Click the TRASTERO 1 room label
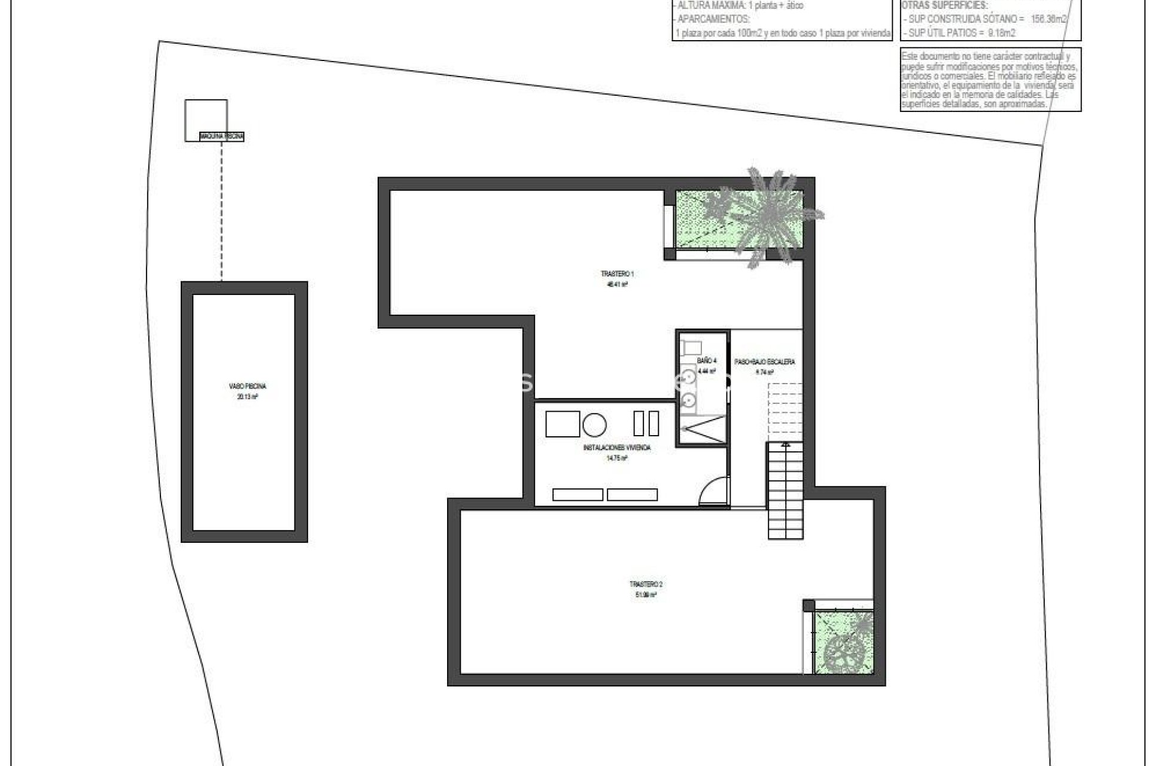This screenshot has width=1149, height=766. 616,274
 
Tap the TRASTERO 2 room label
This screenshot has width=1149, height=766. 646,584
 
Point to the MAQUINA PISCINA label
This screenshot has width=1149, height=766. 222,137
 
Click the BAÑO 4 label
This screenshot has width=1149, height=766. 706,361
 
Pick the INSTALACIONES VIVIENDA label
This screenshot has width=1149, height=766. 616,448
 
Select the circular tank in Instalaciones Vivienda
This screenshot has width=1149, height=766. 594,425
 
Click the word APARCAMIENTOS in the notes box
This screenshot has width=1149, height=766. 713,19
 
